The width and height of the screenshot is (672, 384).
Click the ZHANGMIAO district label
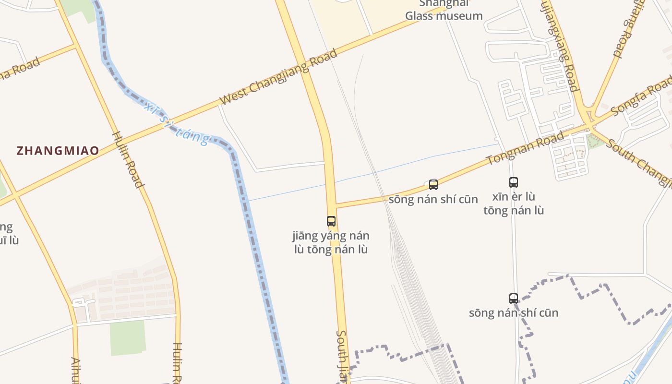coord(58,151)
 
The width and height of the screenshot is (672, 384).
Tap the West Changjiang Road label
coord(278,77)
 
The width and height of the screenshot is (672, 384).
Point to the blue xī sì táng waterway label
coord(177,123)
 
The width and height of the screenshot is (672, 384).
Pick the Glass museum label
coord(444,15)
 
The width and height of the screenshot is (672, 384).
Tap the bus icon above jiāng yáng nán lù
coord(331,221)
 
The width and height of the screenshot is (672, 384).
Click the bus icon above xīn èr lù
coord(514,182)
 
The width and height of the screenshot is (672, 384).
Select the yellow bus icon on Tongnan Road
coord(433,185)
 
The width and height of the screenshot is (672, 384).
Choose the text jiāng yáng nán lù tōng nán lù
coord(331,243)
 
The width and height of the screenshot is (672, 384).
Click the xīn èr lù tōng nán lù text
coord(514,204)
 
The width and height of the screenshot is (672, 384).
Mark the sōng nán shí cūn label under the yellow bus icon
coord(433,199)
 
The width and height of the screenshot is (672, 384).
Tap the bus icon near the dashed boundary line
coord(514,298)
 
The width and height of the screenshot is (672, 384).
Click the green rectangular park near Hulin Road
coord(128,338)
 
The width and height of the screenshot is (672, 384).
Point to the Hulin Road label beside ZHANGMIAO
coord(128,159)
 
